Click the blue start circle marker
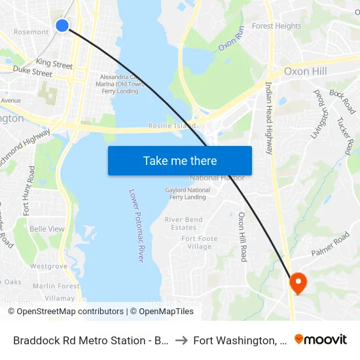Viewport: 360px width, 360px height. [62, 26]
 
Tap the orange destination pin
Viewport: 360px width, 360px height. [298, 283]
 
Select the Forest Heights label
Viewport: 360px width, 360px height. [277, 26]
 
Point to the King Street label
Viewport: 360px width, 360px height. [54, 64]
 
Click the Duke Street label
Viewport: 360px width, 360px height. [32, 71]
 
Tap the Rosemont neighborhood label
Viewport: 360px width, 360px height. [31, 31]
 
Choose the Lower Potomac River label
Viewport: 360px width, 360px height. [136, 226]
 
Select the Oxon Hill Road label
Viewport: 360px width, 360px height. [242, 236]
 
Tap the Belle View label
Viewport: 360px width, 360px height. [47, 229]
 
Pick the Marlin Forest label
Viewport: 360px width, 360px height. [56, 286]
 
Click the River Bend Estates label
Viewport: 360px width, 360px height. [184, 224]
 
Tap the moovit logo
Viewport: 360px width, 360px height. [321, 340]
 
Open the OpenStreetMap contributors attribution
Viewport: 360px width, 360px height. [70, 312]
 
